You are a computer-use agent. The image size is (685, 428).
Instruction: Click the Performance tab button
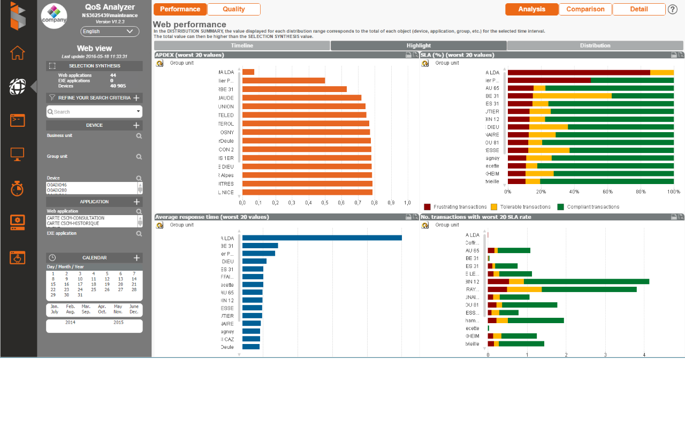pyautogui.click(x=180, y=9)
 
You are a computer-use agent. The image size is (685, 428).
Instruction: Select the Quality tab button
pyautogui.click(x=234, y=9)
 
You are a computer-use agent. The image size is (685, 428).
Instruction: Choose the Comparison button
pyautogui.click(x=585, y=9)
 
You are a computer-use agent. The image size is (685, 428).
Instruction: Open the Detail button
pyautogui.click(x=639, y=9)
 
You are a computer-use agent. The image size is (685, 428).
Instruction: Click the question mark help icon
pyautogui.click(x=673, y=9)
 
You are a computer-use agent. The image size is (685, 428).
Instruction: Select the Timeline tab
pyautogui.click(x=242, y=45)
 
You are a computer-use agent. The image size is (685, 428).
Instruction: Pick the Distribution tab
pyautogui.click(x=595, y=45)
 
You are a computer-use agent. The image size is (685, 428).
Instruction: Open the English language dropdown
pyautogui.click(x=110, y=32)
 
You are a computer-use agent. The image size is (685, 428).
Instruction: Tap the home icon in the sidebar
pyautogui.click(x=18, y=53)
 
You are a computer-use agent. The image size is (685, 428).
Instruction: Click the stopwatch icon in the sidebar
pyautogui.click(x=18, y=188)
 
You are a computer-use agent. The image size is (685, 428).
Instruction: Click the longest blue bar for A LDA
pyautogui.click(x=322, y=238)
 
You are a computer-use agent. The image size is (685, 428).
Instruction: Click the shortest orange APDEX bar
pyautogui.click(x=248, y=72)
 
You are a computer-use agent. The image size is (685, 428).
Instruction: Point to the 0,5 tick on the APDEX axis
pyautogui.click(x=325, y=203)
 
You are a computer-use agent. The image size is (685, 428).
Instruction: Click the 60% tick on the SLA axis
pyautogui.click(x=607, y=192)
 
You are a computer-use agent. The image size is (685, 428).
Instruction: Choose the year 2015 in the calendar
pyautogui.click(x=118, y=323)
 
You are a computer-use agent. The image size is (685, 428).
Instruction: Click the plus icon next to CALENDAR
pyautogui.click(x=136, y=258)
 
